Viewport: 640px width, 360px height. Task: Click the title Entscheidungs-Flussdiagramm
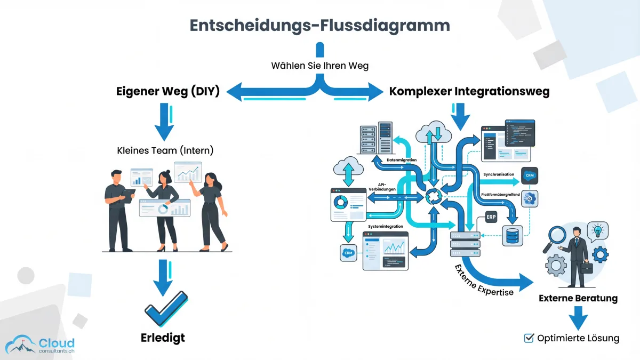[320, 25]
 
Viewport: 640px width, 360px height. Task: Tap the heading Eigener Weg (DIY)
[168, 91]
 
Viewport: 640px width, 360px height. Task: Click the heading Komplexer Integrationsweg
[469, 91]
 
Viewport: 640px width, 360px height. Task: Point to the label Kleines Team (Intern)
[165, 150]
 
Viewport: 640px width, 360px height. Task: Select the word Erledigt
[163, 338]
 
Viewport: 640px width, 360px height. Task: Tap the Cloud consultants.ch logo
[40, 345]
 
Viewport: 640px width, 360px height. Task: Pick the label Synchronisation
[499, 174]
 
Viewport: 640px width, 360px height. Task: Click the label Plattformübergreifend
[500, 195]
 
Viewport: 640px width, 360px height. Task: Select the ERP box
[491, 218]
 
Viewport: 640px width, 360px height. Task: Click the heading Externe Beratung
[578, 298]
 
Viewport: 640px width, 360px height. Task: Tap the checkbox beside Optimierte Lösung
[529, 338]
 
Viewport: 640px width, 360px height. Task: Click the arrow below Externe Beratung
[578, 320]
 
